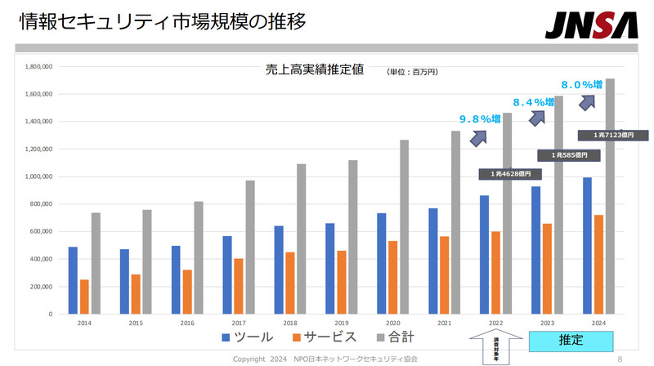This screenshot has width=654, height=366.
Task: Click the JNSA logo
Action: pyautogui.click(x=592, y=25)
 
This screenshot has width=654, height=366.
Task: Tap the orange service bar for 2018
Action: pyautogui.click(x=290, y=283)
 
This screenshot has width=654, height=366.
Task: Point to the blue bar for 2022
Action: pyautogui.click(x=485, y=254)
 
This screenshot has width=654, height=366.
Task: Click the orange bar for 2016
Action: pyautogui.click(x=187, y=292)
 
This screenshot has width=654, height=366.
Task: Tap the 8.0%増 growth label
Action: pyautogui.click(x=581, y=83)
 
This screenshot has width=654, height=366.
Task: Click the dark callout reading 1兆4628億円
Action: pyautogui.click(x=504, y=174)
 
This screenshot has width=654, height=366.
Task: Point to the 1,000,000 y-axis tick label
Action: pyautogui.click(x=39, y=176)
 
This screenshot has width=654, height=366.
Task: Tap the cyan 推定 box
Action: pyautogui.click(x=571, y=339)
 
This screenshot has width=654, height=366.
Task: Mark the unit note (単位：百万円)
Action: pyautogui.click(x=413, y=72)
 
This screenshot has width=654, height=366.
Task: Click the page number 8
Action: pyautogui.click(x=620, y=358)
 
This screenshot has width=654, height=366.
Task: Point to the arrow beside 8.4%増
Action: pyautogui.click(x=536, y=118)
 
